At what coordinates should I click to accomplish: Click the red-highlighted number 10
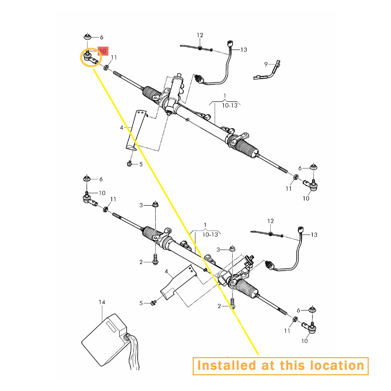(103, 51)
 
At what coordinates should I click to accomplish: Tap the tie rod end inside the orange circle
(91, 57)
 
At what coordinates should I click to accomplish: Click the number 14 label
(102, 302)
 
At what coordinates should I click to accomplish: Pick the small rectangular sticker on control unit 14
(111, 326)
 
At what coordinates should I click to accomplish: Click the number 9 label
(266, 65)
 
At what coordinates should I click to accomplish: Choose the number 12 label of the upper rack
(200, 35)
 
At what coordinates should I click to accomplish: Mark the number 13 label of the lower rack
(314, 235)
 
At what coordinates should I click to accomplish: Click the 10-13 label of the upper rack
(230, 106)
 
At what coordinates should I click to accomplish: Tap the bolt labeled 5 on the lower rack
(153, 303)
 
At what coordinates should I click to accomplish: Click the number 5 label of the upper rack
(141, 164)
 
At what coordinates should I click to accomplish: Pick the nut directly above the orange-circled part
(87, 37)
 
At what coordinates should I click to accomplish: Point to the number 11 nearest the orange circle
(114, 57)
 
